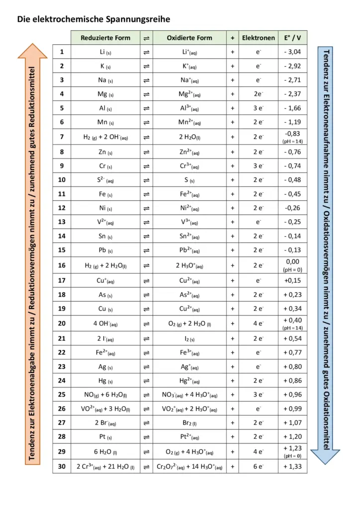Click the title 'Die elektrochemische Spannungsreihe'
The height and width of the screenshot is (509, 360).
[x=93, y=19]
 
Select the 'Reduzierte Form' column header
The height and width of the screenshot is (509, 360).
[x=105, y=38]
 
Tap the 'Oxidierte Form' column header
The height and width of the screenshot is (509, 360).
[x=189, y=38]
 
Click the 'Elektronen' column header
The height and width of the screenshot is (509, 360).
[x=258, y=38]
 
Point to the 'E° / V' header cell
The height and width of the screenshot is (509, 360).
[x=292, y=38]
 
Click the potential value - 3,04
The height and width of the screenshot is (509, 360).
[x=292, y=52]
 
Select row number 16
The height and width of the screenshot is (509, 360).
[x=62, y=265]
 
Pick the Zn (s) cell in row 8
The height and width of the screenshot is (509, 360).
[x=105, y=152]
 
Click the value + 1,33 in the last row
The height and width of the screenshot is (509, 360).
[x=292, y=467]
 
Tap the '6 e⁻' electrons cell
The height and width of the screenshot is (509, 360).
[x=258, y=467]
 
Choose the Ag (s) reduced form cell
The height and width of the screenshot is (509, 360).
[x=105, y=367]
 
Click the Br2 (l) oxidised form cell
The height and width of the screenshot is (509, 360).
[x=189, y=424]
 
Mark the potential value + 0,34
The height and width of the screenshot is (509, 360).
[x=292, y=309]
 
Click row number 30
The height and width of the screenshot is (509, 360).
[x=62, y=467]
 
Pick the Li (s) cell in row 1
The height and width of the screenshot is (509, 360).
[x=105, y=52]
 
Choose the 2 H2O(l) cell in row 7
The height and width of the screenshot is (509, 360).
[x=189, y=137]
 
